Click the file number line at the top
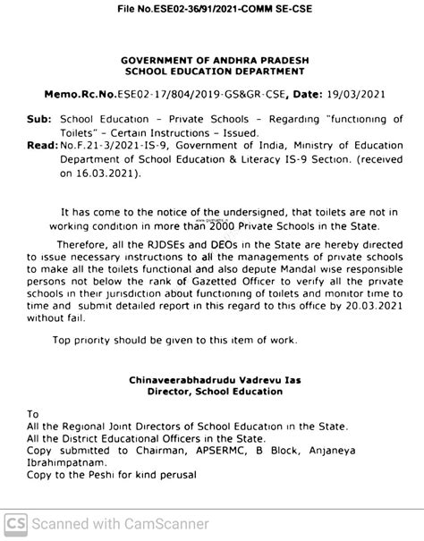[212, 9]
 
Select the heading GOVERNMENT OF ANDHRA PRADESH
[213, 59]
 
